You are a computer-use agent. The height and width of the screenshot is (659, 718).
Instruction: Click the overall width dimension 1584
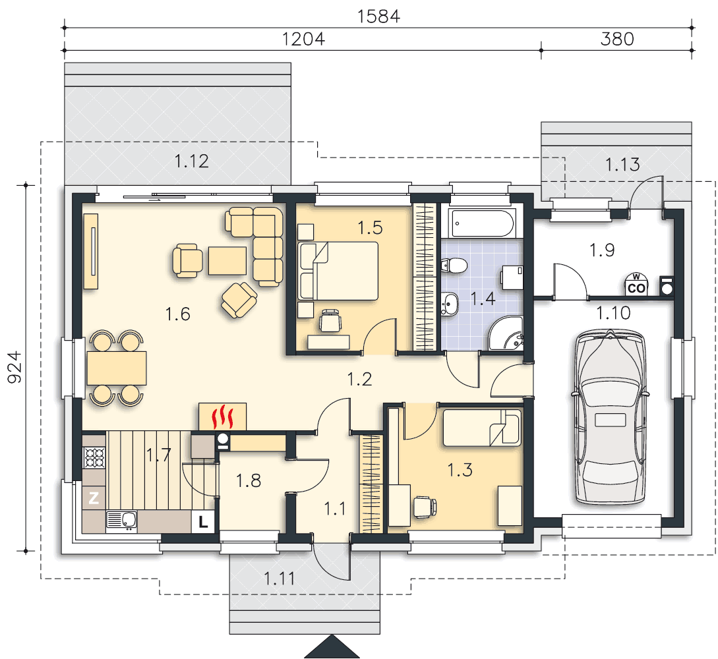point(378,16)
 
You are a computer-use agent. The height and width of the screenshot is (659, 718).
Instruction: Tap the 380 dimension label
point(617,40)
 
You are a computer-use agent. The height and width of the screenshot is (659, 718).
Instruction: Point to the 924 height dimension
point(15,367)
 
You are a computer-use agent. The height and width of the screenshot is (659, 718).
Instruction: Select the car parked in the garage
point(610,416)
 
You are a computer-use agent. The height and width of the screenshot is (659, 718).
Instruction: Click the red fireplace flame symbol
point(223,416)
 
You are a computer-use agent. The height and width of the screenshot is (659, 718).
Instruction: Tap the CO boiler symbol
point(636,284)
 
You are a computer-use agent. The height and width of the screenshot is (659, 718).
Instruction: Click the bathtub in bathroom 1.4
point(482,223)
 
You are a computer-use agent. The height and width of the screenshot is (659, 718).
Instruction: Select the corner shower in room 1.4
point(506,333)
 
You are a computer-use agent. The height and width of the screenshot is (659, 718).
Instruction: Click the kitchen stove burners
point(94,457)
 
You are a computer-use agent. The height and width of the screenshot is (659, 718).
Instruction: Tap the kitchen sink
point(122,521)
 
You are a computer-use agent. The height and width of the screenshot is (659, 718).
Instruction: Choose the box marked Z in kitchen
point(94,498)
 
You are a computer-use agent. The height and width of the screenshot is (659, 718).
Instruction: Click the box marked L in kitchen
point(203,521)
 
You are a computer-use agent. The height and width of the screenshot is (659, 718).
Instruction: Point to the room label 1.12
point(191,161)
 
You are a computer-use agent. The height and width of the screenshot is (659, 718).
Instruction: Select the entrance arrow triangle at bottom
point(332,646)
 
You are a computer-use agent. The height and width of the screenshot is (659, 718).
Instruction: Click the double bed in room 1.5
point(338,271)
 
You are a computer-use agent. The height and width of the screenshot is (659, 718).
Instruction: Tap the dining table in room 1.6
point(117,368)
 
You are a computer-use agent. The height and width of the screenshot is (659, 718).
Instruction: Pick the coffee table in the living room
point(227,261)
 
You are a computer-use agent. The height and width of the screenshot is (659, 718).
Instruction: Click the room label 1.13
point(622,165)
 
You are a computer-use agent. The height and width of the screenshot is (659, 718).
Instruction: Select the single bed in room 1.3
point(482,428)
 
